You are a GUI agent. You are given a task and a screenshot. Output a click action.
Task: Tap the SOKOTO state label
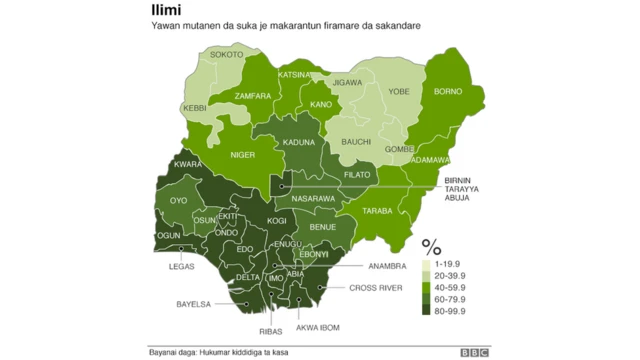[x=227, y=55]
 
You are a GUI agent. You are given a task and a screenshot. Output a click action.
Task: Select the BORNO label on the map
[x=449, y=90]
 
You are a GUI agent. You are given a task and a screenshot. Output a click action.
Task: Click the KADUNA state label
[x=299, y=142]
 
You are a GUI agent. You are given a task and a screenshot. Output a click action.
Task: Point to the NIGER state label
[x=243, y=156]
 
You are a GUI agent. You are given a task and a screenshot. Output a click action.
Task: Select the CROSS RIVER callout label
[x=375, y=288]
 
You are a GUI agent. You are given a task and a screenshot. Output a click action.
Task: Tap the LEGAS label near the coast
[x=182, y=266]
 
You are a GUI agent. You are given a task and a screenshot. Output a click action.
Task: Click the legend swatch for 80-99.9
[x=427, y=309]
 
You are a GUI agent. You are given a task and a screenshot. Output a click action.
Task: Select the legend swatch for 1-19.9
[x=427, y=261]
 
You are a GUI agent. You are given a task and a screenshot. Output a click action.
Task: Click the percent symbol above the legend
[x=431, y=245]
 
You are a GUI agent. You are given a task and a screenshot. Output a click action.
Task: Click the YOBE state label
[x=399, y=90]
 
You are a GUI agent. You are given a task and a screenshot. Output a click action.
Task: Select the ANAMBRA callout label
[x=387, y=266]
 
